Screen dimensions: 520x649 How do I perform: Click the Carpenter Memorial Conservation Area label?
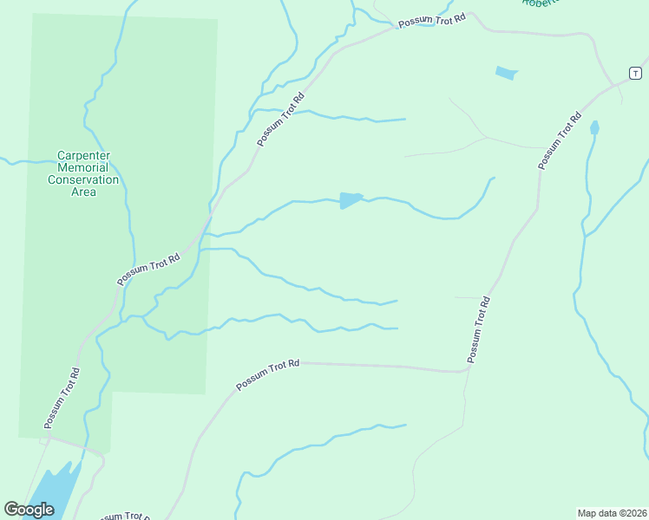pyautogui.click(x=83, y=173)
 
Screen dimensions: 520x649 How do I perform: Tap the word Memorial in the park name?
pyautogui.click(x=83, y=167)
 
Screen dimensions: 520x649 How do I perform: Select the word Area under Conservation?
pyautogui.click(x=83, y=192)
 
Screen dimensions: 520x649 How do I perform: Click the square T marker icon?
pyautogui.click(x=634, y=72)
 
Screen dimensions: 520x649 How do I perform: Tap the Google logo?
pyautogui.click(x=29, y=510)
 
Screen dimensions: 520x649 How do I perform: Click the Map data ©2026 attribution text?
pyautogui.click(x=612, y=513)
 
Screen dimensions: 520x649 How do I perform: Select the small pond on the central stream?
pyautogui.click(x=350, y=200)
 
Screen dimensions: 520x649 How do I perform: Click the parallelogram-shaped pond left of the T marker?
pyautogui.click(x=506, y=73)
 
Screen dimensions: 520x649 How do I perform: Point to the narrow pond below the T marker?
pyautogui.click(x=594, y=128)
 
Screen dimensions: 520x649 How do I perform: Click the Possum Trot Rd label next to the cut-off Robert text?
pyautogui.click(x=431, y=20)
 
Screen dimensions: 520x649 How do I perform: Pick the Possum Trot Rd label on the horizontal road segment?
pyautogui.click(x=267, y=375)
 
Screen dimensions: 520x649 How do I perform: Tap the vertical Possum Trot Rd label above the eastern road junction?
pyautogui.click(x=479, y=329)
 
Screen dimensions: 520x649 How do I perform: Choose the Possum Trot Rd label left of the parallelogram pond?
pyautogui.click(x=281, y=120)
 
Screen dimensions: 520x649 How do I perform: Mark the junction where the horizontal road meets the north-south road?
pyautogui.click(x=468, y=371)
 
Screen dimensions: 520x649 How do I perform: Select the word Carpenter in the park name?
pyautogui.click(x=83, y=155)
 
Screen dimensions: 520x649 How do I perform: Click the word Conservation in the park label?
pyautogui.click(x=83, y=179)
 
